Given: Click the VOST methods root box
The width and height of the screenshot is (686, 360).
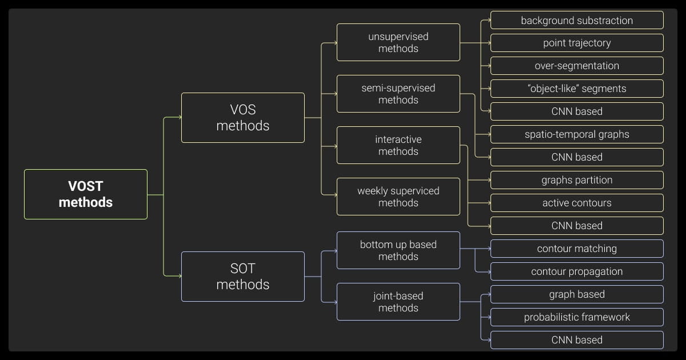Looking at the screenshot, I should tap(86, 194).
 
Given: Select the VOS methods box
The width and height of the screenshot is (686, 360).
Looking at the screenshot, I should tap(242, 118).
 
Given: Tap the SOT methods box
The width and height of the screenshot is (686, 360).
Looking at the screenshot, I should tap(242, 277).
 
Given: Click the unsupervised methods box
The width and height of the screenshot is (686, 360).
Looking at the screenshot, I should tap(398, 42).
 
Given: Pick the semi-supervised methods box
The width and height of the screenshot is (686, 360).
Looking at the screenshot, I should tap(398, 94).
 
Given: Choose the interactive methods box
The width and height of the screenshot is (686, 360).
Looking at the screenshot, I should tap(398, 145).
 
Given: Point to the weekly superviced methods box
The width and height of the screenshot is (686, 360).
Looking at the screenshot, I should tap(398, 197).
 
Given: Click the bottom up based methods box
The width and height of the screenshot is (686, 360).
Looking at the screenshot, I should tap(398, 250).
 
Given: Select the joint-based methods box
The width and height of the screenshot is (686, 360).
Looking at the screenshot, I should tap(398, 302).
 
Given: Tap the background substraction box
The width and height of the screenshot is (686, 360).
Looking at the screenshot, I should tap(577, 20).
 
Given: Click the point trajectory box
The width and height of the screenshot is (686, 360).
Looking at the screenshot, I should tap(577, 43).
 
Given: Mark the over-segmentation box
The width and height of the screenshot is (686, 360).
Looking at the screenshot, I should tap(577, 66).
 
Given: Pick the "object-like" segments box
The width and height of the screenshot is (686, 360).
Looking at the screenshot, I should tap(577, 89).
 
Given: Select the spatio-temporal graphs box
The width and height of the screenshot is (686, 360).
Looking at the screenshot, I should tap(577, 134).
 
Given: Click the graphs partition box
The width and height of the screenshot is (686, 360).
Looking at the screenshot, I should tap(577, 180).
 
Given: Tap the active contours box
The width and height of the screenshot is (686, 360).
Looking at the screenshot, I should tap(577, 203).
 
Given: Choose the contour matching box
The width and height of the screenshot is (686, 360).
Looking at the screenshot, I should tap(577, 249).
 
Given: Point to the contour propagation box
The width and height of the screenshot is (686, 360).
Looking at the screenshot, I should tap(577, 271).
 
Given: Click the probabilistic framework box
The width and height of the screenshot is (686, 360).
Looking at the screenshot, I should tap(577, 317).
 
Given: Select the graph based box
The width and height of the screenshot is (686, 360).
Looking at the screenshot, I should tap(577, 294).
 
